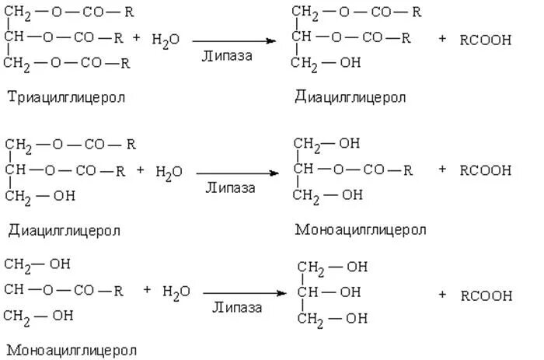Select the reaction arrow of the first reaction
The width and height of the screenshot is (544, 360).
point(236,40)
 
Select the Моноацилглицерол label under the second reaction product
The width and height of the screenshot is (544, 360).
point(361,230)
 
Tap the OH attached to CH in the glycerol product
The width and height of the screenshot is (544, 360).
point(350,292)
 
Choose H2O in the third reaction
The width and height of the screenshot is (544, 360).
point(176,292)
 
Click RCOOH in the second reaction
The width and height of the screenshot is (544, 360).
point(486,170)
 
